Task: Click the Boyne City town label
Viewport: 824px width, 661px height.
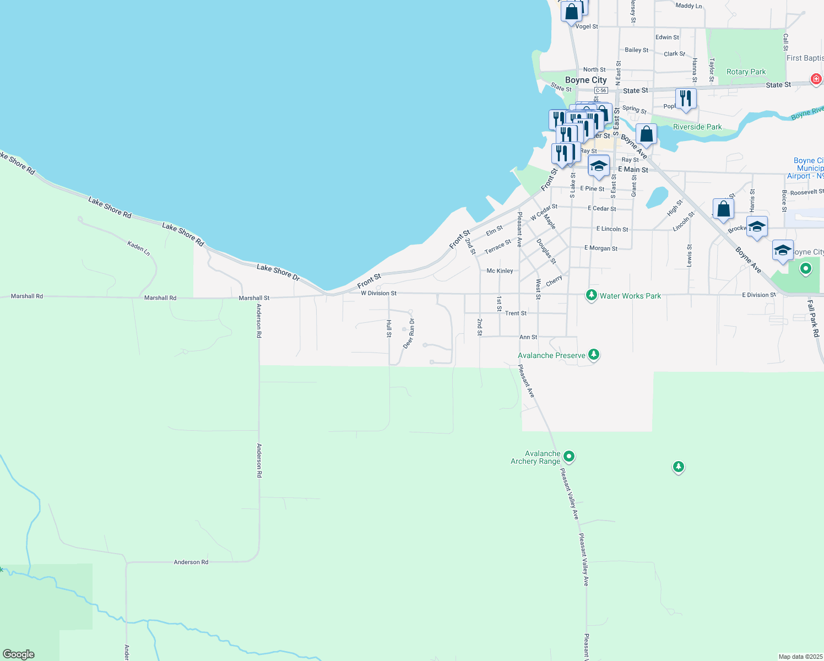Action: [x=586, y=80]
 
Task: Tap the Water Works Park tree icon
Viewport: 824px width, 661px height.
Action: [x=592, y=295]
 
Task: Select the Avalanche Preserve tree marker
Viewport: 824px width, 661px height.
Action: [x=593, y=354]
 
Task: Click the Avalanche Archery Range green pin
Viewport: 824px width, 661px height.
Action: [x=569, y=456]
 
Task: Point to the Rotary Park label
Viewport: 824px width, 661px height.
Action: [x=746, y=72]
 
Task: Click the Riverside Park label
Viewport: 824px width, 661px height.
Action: [x=697, y=127]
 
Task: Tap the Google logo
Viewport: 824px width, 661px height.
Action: [x=18, y=654]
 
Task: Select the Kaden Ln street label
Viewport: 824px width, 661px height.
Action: [x=139, y=247]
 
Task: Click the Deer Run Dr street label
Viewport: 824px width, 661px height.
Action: [x=409, y=334]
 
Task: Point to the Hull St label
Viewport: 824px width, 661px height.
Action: [x=389, y=328]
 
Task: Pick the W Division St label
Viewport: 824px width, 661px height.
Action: [x=378, y=293]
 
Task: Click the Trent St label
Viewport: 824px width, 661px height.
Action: [x=516, y=313]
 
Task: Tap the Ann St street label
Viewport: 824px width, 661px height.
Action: [x=528, y=337]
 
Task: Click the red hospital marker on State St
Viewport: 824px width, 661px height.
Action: [x=816, y=79]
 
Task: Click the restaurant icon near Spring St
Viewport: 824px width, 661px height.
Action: [x=685, y=99]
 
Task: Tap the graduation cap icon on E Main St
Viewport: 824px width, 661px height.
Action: [x=598, y=166]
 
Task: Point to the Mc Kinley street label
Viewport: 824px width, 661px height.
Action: [x=500, y=271]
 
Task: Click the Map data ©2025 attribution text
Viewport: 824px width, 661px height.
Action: [x=800, y=657]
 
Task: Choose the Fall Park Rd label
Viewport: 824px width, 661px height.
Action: [x=814, y=318]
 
